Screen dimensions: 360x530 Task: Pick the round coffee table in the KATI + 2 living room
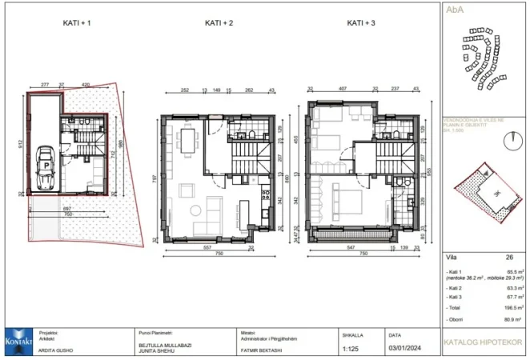tap(196, 212)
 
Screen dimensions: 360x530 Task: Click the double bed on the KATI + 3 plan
tap(336, 200)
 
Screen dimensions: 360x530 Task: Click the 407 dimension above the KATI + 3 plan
tap(342, 90)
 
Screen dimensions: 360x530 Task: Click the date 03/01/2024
tap(404, 348)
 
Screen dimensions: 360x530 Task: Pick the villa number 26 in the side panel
tap(508, 257)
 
